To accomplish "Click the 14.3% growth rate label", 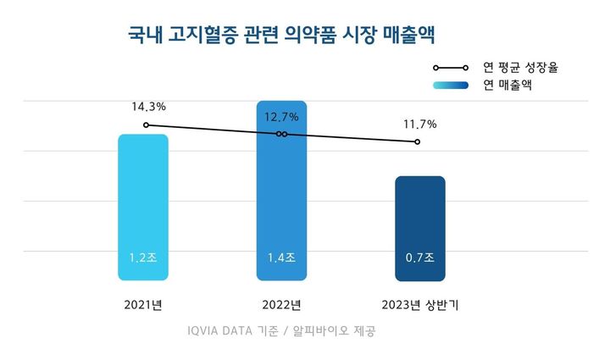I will pyautogui.click(x=148, y=108).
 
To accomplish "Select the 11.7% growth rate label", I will pyautogui.click(x=419, y=125).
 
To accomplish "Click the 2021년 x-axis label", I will pyautogui.click(x=143, y=304).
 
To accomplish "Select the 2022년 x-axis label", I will pyautogui.click(x=282, y=304).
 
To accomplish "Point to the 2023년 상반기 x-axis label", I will pyautogui.click(x=419, y=304).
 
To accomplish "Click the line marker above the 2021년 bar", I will pyautogui.click(x=146, y=125).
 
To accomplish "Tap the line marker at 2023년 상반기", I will pyautogui.click(x=418, y=141).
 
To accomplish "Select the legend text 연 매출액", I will pyautogui.click(x=507, y=85).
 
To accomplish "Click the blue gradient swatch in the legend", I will pyautogui.click(x=452, y=85).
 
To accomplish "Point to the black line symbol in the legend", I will pyautogui.click(x=452, y=67).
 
